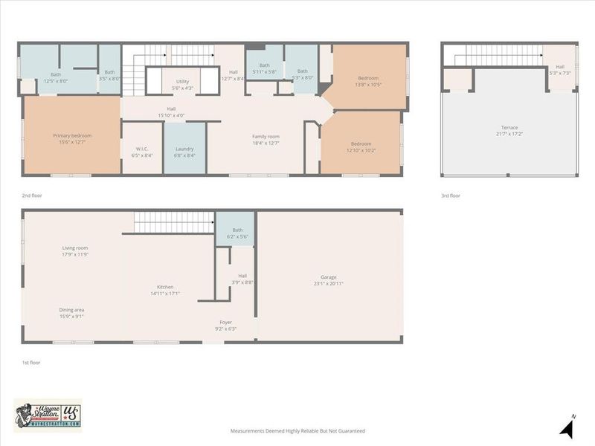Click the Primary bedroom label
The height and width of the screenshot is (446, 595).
click(72, 139)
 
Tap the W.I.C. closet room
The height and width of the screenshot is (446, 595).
click(141, 152)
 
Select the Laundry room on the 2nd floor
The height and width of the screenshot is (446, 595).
click(184, 152)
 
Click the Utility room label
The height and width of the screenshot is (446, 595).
click(182, 85)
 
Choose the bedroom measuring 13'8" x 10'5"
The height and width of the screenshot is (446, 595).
click(368, 81)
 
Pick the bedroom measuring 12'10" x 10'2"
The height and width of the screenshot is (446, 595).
click(360, 147)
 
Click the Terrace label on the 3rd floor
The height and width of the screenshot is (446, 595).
click(509, 131)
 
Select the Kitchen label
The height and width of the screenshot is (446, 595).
click(165, 290)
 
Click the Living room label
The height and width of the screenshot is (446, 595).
click(75, 251)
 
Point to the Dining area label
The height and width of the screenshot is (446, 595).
click(72, 313)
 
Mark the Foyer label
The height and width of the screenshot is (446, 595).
click(225, 325)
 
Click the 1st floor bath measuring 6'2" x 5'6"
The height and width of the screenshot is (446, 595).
click(237, 233)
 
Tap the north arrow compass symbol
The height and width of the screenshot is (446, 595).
click(567, 427)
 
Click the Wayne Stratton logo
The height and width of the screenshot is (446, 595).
click(48, 415)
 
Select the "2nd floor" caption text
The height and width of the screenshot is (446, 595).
click(32, 196)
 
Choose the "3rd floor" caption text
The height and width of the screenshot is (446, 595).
click(451, 196)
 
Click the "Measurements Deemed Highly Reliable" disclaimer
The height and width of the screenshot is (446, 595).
click(297, 430)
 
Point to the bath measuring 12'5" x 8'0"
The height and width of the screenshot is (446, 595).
click(56, 77)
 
